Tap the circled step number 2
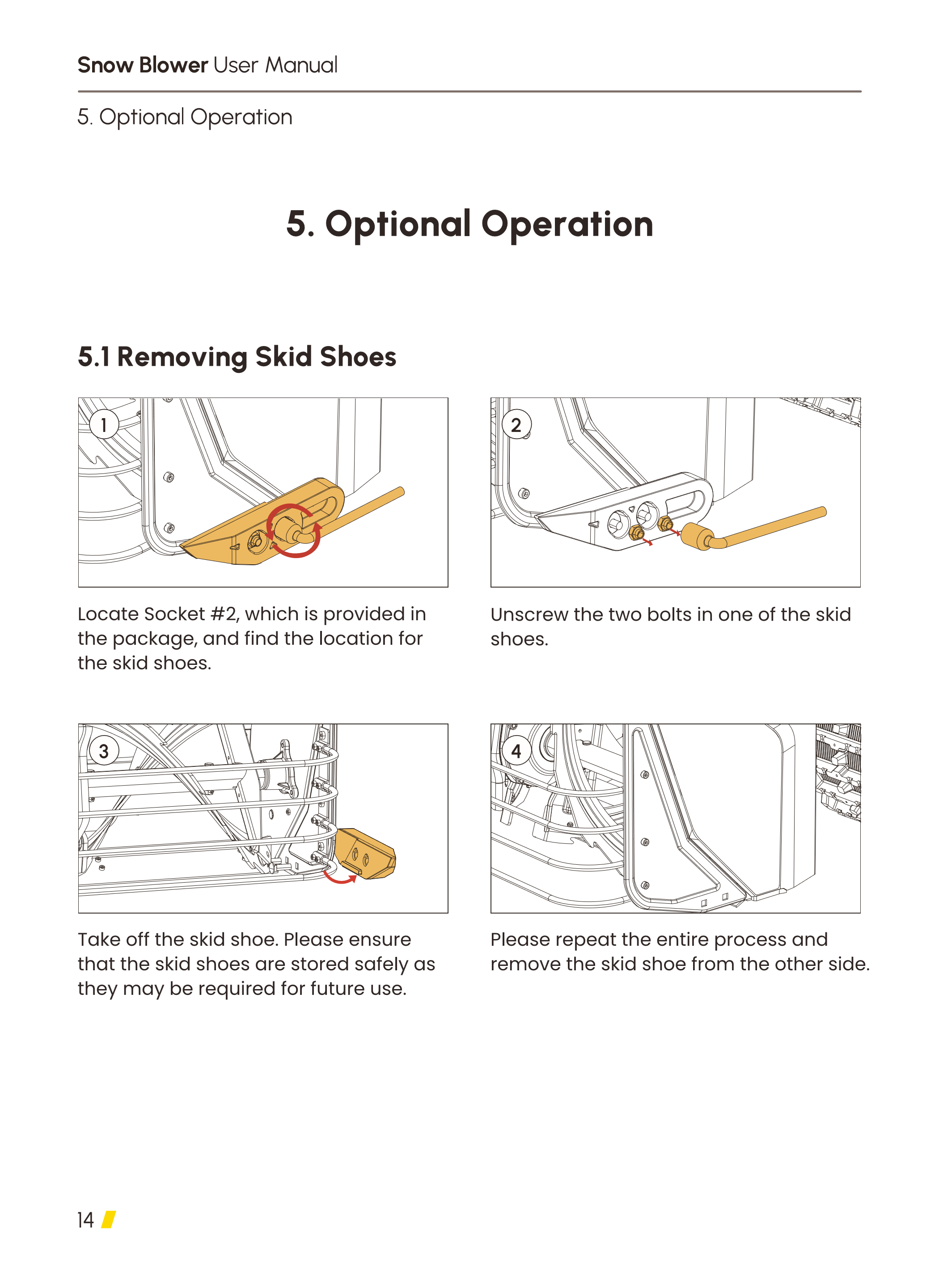coord(516,424)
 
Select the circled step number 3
coord(103,751)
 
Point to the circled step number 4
coord(516,751)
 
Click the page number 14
coord(85,1219)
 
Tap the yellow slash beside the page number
coord(109,1219)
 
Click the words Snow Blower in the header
coord(143,65)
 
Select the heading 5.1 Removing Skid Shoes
coord(237,357)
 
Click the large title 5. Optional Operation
coord(469,224)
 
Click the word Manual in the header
coord(301,65)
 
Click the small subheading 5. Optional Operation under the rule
coord(185,118)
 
